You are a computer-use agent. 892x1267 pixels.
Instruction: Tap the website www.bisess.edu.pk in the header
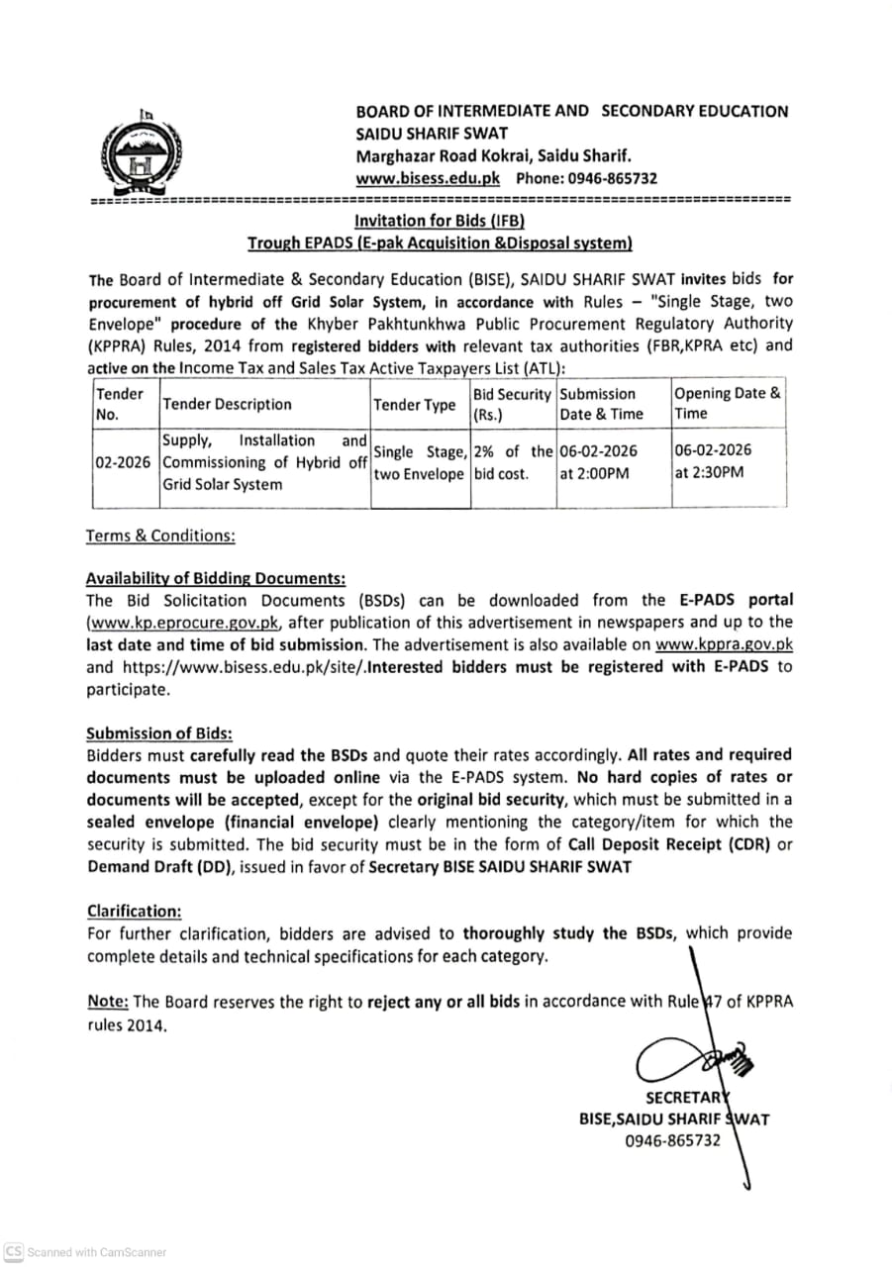428,178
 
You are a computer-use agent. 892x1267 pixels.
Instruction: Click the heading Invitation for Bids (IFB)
439,221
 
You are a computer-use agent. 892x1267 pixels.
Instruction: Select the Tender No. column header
119,404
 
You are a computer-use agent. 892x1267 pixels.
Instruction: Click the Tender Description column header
227,404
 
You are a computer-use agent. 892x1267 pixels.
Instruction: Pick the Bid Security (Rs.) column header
512,404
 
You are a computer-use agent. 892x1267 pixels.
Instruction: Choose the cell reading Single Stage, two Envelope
419,462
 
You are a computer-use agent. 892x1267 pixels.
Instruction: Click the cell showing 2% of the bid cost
512,462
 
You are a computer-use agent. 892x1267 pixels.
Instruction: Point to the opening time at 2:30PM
709,472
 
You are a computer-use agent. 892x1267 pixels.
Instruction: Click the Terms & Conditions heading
160,536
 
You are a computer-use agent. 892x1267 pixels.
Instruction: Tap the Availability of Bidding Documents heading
216,578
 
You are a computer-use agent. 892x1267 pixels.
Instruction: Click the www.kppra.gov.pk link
724,644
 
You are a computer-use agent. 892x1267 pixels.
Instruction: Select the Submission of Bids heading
159,733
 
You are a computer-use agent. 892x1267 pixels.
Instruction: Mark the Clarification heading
134,911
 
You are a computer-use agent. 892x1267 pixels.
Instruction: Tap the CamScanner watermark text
96,1252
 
